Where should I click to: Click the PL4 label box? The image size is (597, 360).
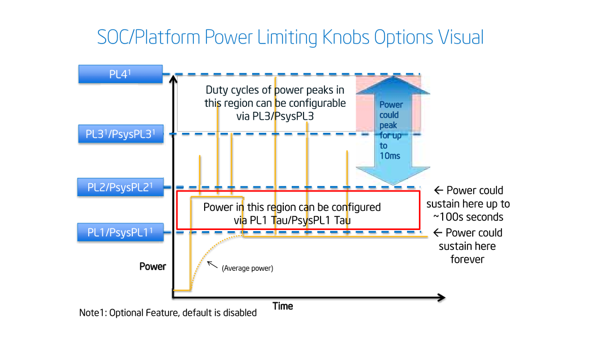[120, 75]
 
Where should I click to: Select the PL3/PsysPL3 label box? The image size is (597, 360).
[120, 135]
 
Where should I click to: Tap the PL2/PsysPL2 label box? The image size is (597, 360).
[120, 187]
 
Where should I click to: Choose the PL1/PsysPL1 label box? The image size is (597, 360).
[120, 232]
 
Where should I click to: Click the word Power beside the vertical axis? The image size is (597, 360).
[153, 266]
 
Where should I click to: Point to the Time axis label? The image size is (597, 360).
[283, 306]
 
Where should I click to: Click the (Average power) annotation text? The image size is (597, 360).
[247, 268]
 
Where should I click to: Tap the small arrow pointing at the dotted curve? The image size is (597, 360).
[211, 264]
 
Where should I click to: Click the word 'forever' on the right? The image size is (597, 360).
[468, 259]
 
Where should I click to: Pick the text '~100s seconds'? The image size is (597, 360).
[468, 217]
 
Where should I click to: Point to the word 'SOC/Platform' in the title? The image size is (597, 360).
[149, 38]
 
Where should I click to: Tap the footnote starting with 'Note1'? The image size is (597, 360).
[168, 313]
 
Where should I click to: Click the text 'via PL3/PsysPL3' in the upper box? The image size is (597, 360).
[275, 116]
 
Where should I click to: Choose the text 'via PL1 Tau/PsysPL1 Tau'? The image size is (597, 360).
[292, 220]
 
